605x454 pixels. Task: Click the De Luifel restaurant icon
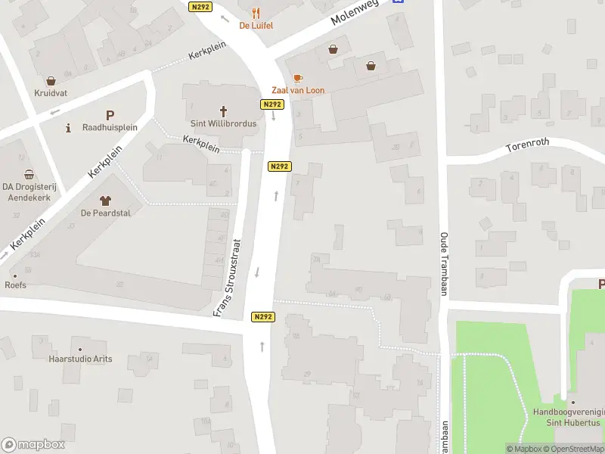pyautogui.click(x=256, y=12)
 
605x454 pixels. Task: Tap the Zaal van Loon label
pyautogui.click(x=298, y=90)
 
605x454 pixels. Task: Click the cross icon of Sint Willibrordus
pyautogui.click(x=223, y=110)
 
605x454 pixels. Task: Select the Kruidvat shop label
pyautogui.click(x=51, y=93)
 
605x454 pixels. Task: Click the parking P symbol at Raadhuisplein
pyautogui.click(x=110, y=115)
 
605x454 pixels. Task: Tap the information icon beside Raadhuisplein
pyautogui.click(x=69, y=127)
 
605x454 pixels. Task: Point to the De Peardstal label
pyautogui.click(x=106, y=213)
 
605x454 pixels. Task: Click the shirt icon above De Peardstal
pyautogui.click(x=104, y=200)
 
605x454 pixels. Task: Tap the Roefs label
pyautogui.click(x=16, y=285)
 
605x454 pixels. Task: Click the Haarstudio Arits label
pyautogui.click(x=80, y=359)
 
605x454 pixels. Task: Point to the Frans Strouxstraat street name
pyautogui.click(x=227, y=277)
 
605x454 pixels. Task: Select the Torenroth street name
pyautogui.click(x=528, y=141)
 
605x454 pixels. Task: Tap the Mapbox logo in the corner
pyautogui.click(x=33, y=445)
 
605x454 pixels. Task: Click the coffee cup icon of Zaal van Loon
pyautogui.click(x=298, y=78)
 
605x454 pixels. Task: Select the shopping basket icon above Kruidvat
pyautogui.click(x=51, y=81)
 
